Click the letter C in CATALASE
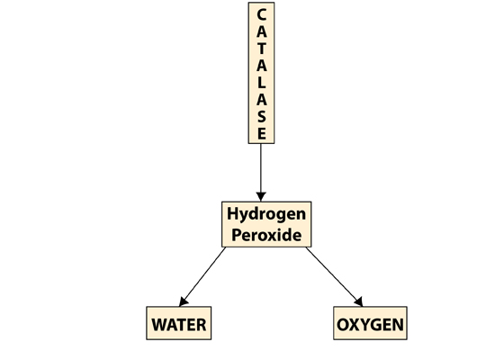(261, 14)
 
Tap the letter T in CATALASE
(261, 49)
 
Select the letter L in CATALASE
(261, 83)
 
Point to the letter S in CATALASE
(261, 117)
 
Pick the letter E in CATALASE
(261, 133)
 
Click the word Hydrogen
(266, 214)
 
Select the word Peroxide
(266, 235)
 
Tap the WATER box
(179, 323)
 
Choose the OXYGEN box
(370, 323)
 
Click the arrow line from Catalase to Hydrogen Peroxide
(261, 173)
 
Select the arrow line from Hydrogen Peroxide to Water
(202, 277)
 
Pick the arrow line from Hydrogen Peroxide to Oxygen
(334, 277)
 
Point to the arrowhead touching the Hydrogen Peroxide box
(261, 197)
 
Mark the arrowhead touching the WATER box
(183, 301)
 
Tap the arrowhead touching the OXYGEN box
(359, 301)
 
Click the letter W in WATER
(160, 325)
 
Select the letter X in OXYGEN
(354, 325)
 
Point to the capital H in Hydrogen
(233, 213)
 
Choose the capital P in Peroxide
(237, 235)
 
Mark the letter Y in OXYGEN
(364, 325)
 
